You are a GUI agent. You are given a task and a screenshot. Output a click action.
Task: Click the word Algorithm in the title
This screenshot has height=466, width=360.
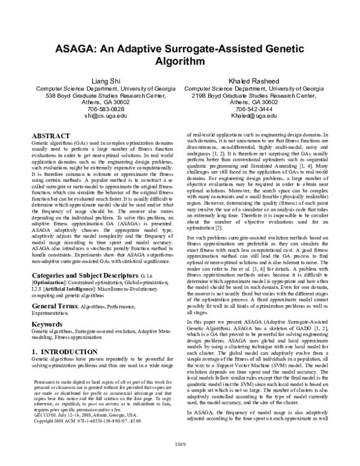179,61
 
